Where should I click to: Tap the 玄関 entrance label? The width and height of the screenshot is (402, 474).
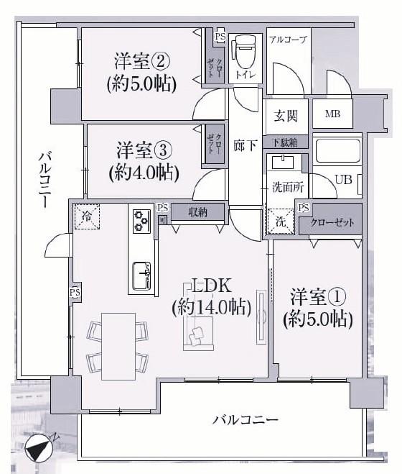pos(286,116)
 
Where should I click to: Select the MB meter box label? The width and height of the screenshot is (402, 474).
pos(332,114)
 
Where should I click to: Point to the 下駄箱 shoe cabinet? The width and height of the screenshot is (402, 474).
pos(285,142)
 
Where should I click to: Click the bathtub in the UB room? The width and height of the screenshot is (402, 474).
pos(337,150)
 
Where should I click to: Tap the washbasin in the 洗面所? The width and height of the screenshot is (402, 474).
pos(283,162)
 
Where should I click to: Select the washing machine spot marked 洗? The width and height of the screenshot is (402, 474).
pos(281,222)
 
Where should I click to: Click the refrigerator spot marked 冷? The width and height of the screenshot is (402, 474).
pos(87,217)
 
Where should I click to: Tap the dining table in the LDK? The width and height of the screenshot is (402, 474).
pos(118,346)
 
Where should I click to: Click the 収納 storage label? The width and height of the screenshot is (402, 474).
pos(197,212)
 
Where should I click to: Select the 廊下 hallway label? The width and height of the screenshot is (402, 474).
pos(245,145)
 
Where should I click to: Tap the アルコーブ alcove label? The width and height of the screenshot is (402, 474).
pos(288,40)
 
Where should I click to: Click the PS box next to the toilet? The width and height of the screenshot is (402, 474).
pos(220,37)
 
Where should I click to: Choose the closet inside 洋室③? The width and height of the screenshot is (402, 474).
pos(215,144)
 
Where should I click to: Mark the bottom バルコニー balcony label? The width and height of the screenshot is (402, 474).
pos(245,420)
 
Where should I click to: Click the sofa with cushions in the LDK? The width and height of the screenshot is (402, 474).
pos(199,334)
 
